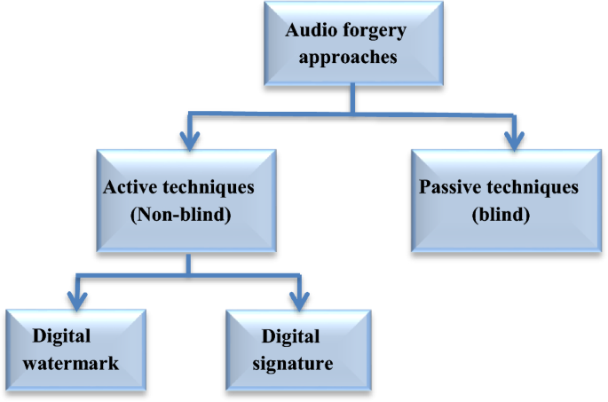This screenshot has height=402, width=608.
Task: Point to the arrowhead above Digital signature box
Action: pos(297,292)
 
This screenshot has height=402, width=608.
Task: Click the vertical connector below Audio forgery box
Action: pos(353,98)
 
